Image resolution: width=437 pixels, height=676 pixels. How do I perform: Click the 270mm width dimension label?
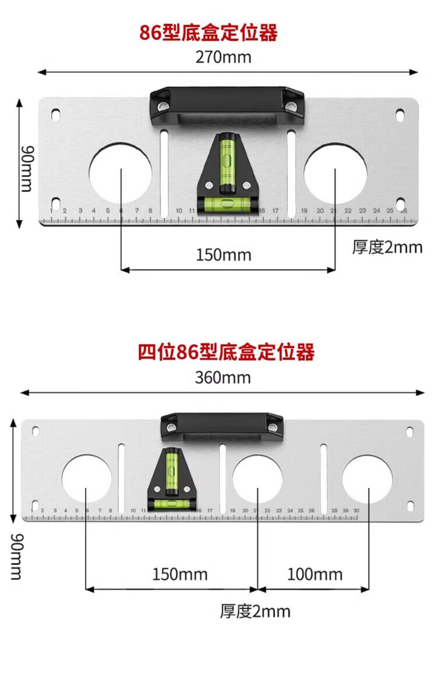tap(223, 57)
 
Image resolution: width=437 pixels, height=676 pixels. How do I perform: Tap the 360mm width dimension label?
tap(223, 377)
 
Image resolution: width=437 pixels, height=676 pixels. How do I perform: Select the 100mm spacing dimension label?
tap(315, 575)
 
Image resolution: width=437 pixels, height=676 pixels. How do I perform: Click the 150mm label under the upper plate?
tap(224, 255)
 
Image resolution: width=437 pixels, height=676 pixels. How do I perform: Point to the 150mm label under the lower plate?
tap(180, 575)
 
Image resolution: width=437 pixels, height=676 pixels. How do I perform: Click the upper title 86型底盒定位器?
tap(209, 33)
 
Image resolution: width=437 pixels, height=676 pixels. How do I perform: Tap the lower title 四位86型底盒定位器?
tap(226, 352)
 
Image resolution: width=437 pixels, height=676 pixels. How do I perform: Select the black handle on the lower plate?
tap(222, 426)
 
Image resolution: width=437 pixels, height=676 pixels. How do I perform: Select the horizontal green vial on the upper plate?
tap(227, 203)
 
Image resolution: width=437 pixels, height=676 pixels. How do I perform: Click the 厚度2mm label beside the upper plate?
tap(387, 247)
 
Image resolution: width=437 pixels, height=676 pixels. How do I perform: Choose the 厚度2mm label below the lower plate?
tap(255, 611)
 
